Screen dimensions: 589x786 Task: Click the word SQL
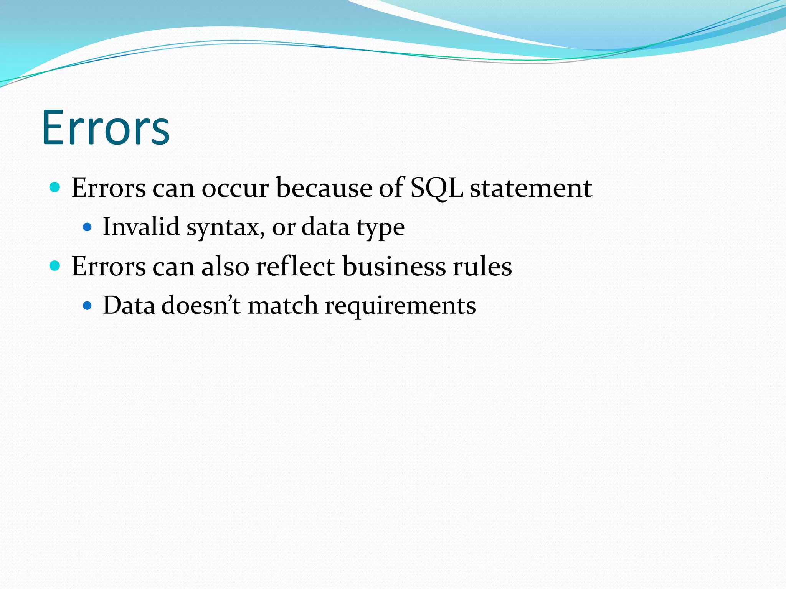[x=436, y=188]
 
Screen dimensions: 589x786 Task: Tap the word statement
[x=531, y=188]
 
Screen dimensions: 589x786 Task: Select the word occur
[x=235, y=188]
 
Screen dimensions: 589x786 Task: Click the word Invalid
[x=141, y=227]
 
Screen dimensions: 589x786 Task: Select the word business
[x=394, y=266]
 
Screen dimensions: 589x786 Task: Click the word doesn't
[x=201, y=306]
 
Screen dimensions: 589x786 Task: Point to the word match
[x=283, y=306]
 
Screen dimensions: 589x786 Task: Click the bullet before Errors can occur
[x=55, y=188]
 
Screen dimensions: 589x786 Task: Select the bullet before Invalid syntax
[x=88, y=227]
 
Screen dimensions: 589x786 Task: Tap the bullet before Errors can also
[x=55, y=265]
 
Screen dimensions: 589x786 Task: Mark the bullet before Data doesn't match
[x=88, y=306]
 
